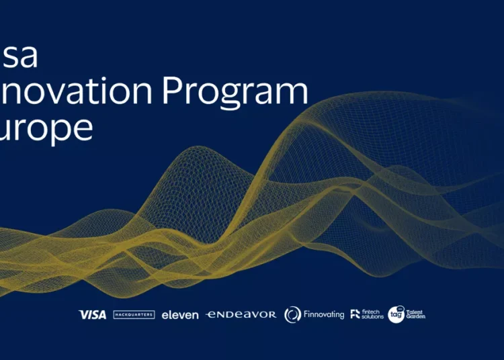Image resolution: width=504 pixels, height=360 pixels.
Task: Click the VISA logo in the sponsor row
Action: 92,314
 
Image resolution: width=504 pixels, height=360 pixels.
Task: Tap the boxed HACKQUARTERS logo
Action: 134,314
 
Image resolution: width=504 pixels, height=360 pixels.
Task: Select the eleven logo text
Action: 180,314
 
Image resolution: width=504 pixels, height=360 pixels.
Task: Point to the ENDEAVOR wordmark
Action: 241,314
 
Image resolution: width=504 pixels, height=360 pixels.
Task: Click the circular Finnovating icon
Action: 292,314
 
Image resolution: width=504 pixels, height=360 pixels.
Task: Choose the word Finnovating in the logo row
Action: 324,314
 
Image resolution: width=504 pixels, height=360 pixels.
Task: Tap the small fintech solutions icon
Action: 355,314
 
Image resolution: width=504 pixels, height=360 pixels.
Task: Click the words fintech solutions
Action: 372,314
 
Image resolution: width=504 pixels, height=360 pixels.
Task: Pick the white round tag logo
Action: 396,314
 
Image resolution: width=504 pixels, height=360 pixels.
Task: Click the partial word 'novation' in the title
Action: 77,92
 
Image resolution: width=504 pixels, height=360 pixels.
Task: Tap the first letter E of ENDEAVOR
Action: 210,314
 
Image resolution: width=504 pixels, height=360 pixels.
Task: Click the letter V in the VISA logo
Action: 83,314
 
